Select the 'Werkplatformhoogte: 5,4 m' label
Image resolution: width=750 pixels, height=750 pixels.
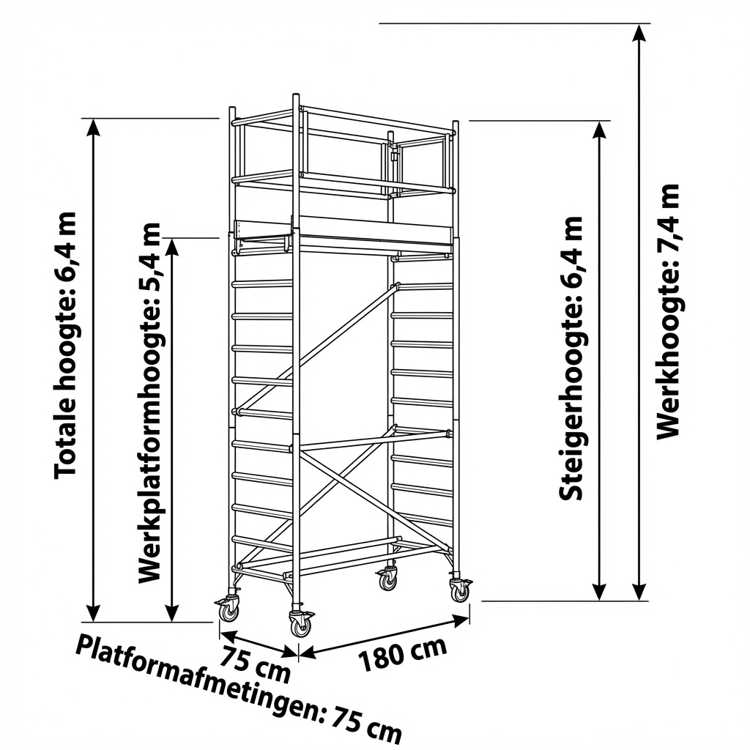pyautogui.click(x=149, y=402)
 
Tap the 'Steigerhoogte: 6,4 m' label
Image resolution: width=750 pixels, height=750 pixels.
pyautogui.click(x=572, y=358)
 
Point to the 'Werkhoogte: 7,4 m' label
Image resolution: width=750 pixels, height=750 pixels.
pyautogui.click(x=668, y=311)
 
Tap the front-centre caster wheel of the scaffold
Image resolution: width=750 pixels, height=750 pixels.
pyautogui.click(x=300, y=625)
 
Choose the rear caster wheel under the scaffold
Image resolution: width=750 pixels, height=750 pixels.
pyautogui.click(x=387, y=580)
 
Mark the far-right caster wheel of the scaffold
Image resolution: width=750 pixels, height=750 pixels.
pyautogui.click(x=460, y=590)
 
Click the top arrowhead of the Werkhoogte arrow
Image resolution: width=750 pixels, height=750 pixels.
pyautogui.click(x=641, y=32)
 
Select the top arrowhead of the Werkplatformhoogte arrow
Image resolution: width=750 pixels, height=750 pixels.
pyautogui.click(x=172, y=245)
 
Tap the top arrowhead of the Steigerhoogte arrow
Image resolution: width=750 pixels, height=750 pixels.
pyautogui.click(x=600, y=129)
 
